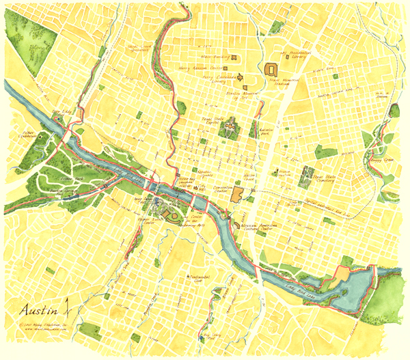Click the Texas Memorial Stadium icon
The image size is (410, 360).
[x=271, y=69]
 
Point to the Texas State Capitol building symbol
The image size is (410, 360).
[x=230, y=126]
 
